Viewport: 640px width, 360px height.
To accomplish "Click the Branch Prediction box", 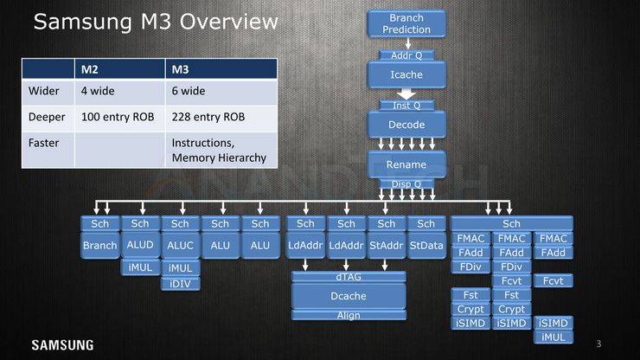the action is click(406, 23).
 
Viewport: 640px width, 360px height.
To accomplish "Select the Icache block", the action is click(406, 74).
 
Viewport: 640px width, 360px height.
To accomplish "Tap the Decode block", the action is click(406, 125).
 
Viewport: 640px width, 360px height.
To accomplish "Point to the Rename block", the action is click(406, 164).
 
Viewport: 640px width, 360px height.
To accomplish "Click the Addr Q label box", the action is click(406, 55).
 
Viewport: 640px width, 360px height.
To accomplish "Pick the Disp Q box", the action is click(406, 183).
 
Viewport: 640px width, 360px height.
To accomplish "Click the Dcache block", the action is click(349, 296).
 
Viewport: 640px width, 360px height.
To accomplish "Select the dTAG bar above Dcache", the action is click(349, 277).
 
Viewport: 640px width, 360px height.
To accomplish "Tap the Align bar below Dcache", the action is click(349, 315).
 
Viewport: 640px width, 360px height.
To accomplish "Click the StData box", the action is click(426, 245).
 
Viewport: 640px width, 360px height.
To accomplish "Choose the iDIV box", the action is click(181, 284).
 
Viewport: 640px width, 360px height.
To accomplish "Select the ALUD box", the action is click(140, 245).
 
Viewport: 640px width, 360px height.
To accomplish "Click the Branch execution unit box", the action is click(100, 245).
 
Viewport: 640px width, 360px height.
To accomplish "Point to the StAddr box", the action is click(386, 245).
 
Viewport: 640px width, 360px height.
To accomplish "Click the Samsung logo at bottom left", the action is click(62, 345).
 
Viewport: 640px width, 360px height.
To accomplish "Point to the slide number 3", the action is click(598, 344).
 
